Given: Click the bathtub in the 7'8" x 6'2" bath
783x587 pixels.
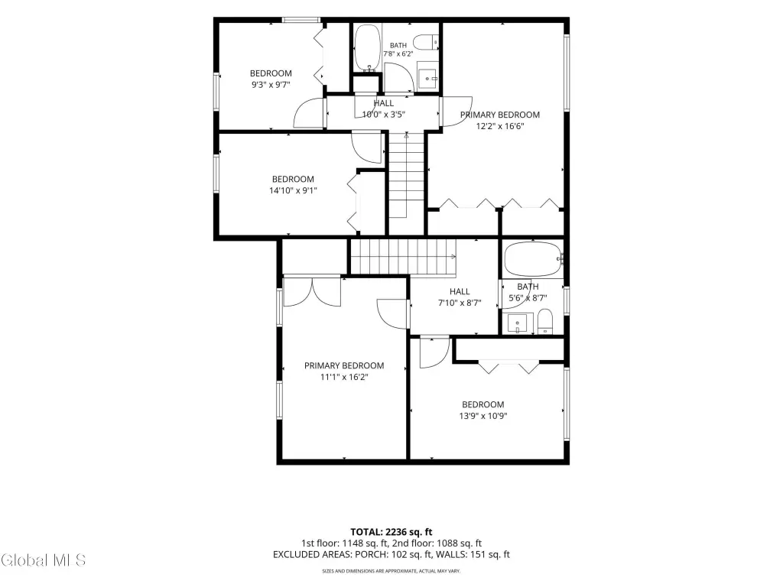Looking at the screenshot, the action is point(368,48).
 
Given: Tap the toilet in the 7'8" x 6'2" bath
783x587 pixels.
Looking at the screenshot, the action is point(426,43).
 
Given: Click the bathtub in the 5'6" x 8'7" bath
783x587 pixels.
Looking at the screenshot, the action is point(533,258).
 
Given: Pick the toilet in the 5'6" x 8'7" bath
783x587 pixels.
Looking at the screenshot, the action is point(544,321).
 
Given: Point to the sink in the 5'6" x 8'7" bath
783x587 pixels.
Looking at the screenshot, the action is point(517,323).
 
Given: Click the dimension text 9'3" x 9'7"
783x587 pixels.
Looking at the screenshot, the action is point(271,85).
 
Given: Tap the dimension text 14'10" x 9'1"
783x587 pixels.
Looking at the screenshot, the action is point(293,190).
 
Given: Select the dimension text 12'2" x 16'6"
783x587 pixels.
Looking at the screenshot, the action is point(500,126).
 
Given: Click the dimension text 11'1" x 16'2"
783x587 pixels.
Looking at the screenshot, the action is point(344,377).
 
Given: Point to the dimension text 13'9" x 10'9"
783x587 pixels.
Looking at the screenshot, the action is point(483,416).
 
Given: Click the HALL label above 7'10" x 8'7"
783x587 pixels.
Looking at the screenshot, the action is point(460,291).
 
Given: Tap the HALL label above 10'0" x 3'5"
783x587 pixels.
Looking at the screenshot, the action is point(384,103).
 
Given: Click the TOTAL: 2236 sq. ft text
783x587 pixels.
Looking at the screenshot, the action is point(391,532).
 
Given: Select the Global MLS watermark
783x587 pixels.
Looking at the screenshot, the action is point(44,560).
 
